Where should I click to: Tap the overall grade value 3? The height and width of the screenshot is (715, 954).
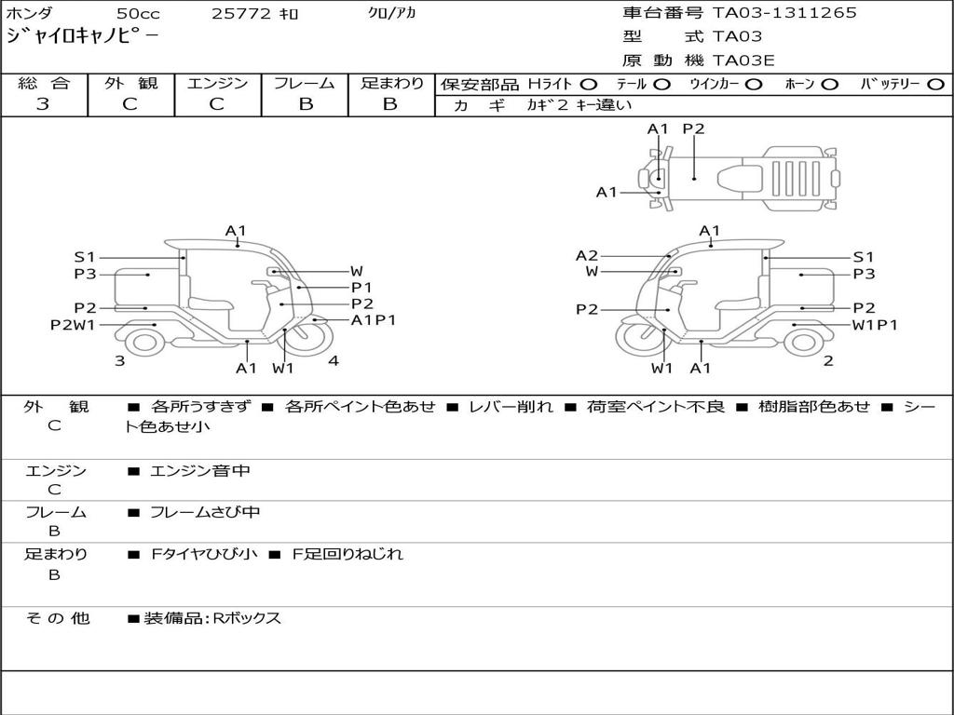43,103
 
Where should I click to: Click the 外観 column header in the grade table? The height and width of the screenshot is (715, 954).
131,84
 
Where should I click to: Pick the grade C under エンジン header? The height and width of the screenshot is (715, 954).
216,103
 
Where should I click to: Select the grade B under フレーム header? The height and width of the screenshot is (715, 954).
305,103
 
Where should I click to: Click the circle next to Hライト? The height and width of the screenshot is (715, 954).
589,84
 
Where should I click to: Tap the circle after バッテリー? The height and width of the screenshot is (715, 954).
935,84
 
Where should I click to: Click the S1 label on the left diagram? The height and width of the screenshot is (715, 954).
85,257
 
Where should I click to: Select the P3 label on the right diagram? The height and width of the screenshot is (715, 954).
864,274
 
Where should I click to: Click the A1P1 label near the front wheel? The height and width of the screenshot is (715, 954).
373,320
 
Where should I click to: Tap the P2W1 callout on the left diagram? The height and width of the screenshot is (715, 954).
73,325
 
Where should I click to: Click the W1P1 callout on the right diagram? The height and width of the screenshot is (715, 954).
875,325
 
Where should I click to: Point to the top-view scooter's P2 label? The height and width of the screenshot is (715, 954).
693,129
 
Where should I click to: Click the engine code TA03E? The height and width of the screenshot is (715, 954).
743,61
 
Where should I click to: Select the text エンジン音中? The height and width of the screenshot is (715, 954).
199,471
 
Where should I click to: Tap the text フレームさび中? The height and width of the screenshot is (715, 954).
205,512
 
